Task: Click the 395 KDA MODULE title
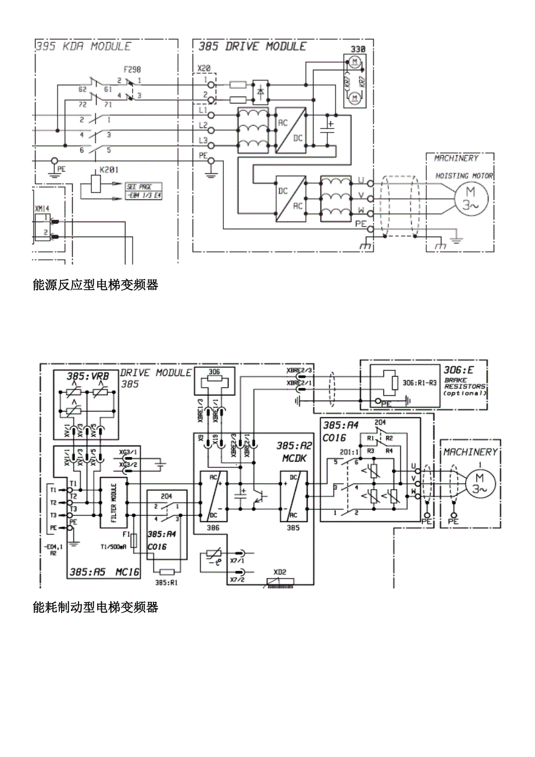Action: click(x=83, y=47)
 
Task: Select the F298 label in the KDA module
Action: click(x=133, y=69)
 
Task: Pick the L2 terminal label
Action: click(x=203, y=125)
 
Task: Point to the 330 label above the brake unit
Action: click(x=358, y=49)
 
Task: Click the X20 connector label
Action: click(x=204, y=68)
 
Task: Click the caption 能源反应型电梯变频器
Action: click(x=96, y=285)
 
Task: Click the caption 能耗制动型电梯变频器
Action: click(x=96, y=608)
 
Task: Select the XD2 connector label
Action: click(x=280, y=572)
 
